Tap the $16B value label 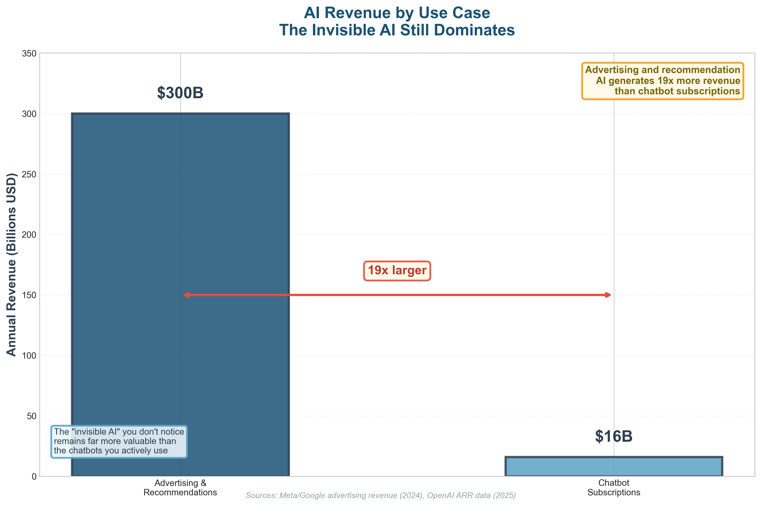click(613, 436)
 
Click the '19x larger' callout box click(397, 270)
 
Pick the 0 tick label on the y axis click(34, 477)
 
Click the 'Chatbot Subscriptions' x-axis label click(613, 488)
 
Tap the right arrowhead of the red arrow click(608, 295)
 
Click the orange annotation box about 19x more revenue click(662, 81)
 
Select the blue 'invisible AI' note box click(119, 441)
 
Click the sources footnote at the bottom click(380, 495)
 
